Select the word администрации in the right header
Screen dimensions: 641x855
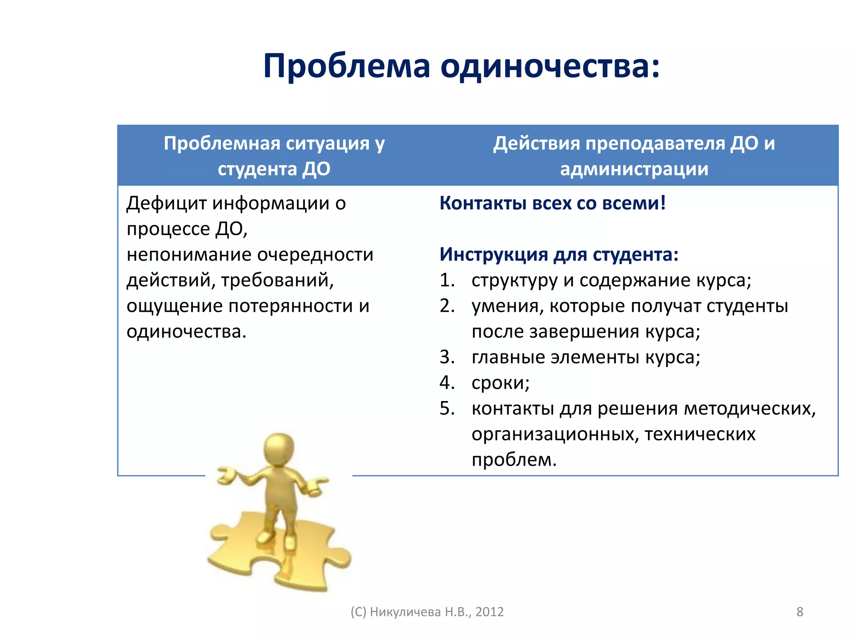click(634, 169)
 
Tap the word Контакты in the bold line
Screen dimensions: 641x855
click(483, 204)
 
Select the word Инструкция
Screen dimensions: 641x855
click(493, 255)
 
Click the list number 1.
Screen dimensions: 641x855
click(446, 280)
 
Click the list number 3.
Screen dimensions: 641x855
click(446, 358)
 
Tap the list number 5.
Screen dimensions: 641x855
click(446, 409)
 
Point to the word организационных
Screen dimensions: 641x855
click(554, 435)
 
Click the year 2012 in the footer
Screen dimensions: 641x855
click(489, 612)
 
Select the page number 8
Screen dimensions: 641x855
click(799, 612)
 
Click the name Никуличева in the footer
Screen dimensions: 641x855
click(405, 612)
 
